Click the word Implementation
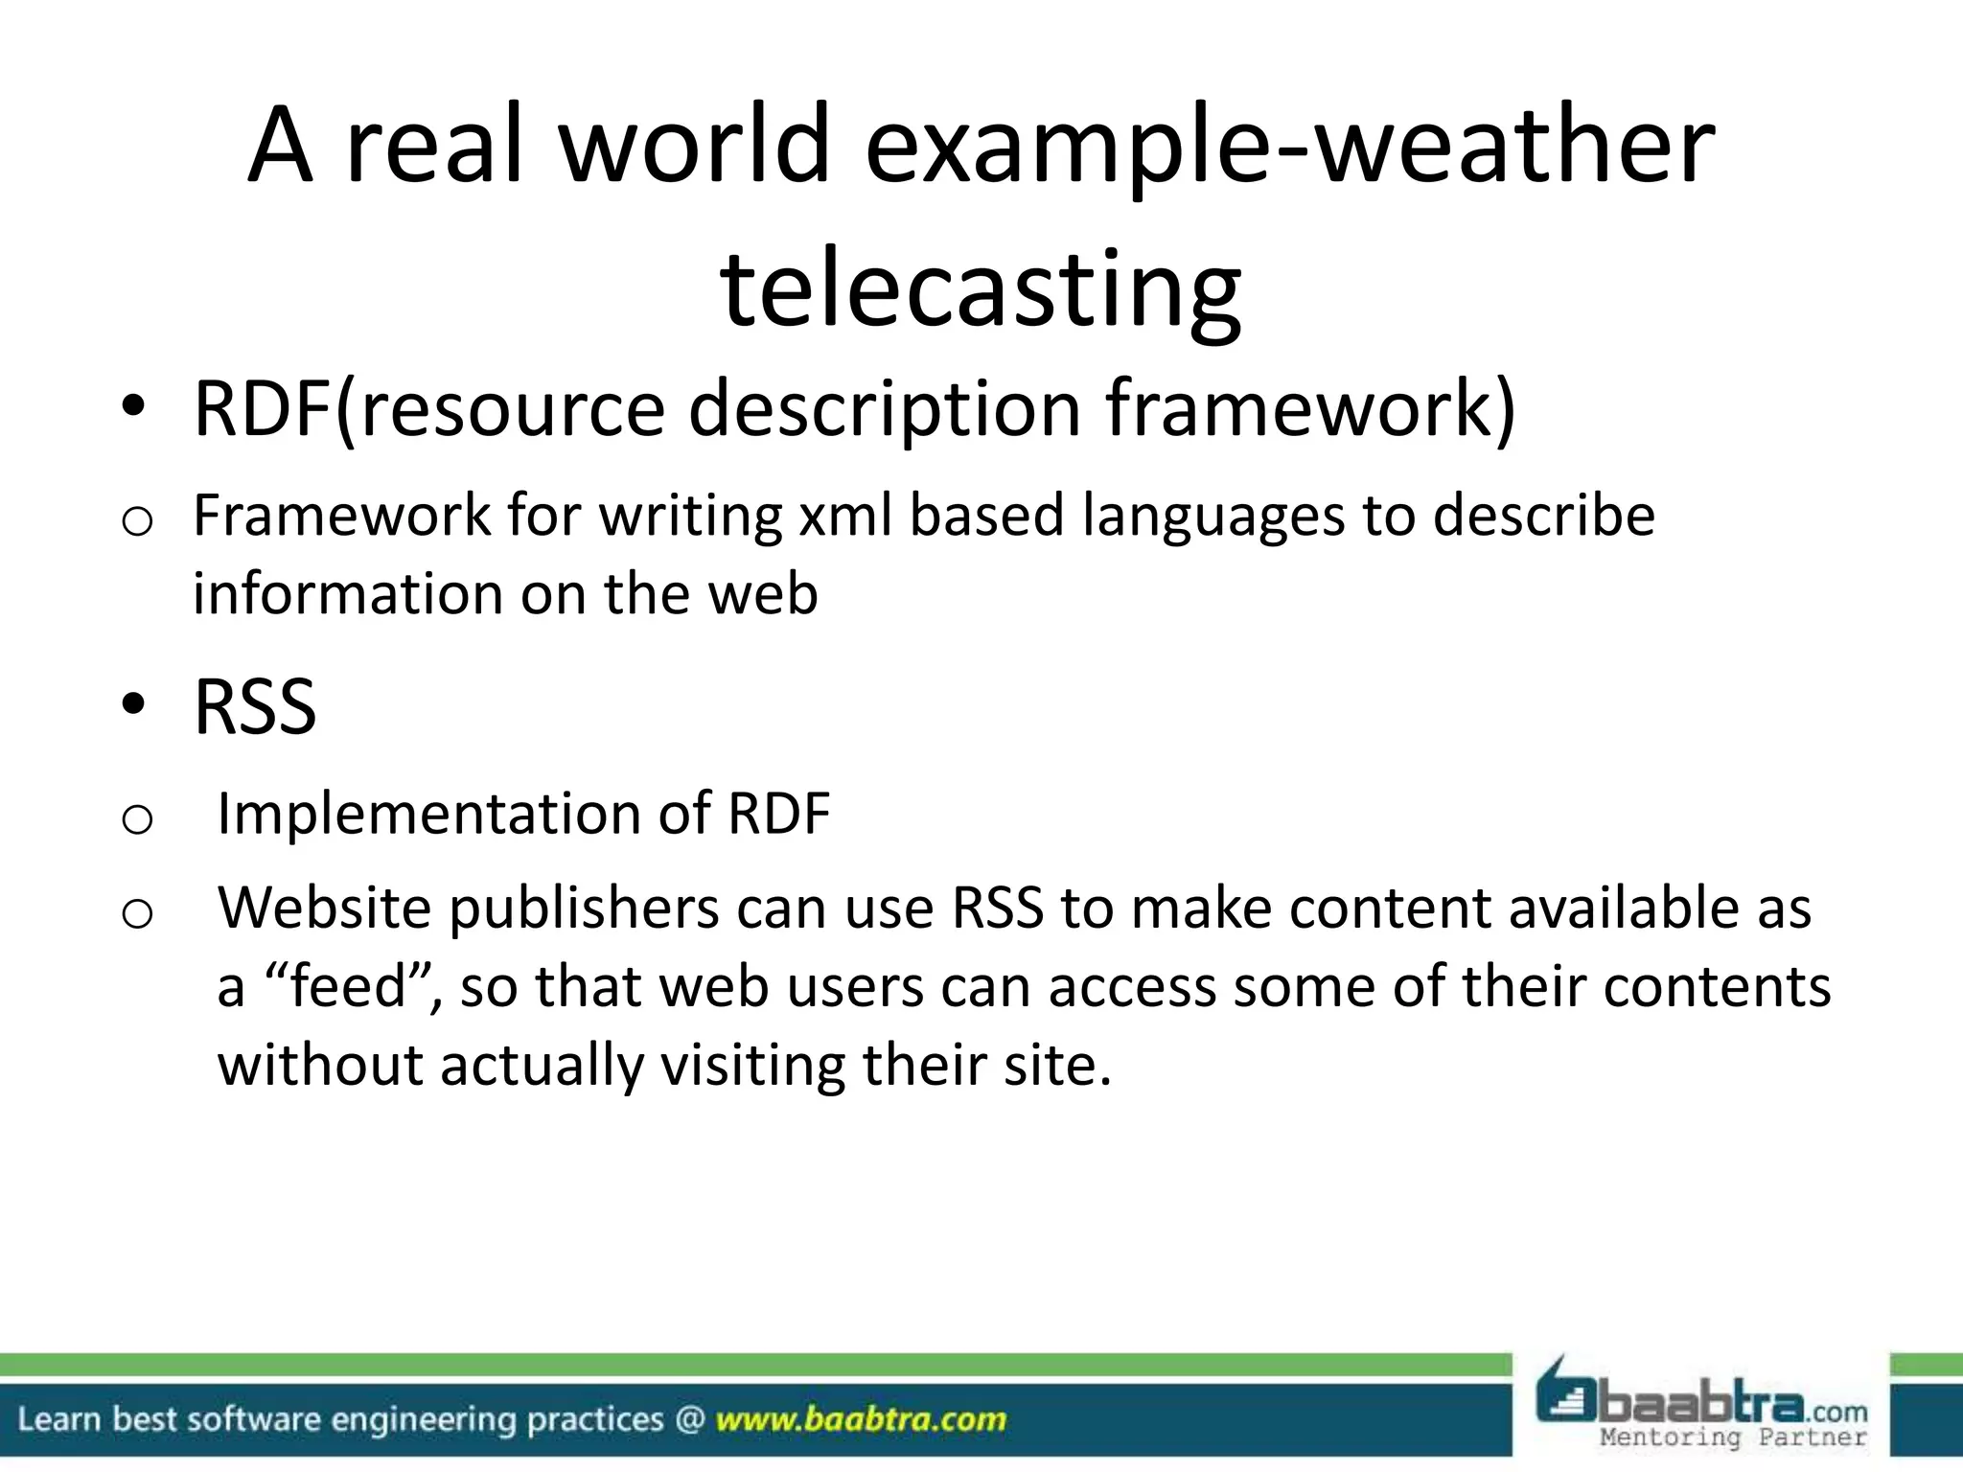[428, 814]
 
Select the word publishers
[584, 908]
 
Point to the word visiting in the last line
[752, 1065]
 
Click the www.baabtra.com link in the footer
[860, 1418]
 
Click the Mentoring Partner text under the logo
[1734, 1437]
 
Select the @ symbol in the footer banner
[689, 1418]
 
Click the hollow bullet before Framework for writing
[137, 522]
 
